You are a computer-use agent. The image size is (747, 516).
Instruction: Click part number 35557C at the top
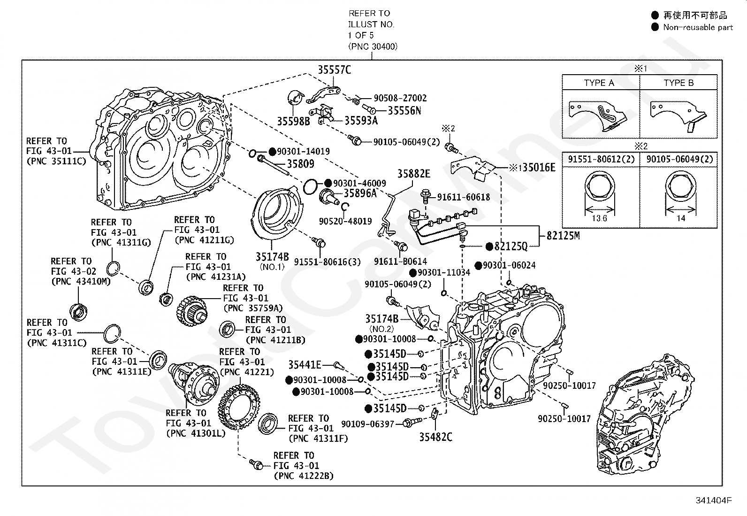pos(334,69)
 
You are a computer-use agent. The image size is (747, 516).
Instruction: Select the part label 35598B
pos(293,121)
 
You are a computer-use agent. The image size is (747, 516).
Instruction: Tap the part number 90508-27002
pos(400,98)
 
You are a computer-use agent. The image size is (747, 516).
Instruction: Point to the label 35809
pos(300,163)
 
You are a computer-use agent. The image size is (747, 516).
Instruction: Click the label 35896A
pos(360,193)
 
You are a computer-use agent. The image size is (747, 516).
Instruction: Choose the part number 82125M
pos(563,236)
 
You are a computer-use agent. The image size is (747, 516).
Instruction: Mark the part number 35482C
pos(435,437)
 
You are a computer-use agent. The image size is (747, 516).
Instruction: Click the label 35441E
pos(305,365)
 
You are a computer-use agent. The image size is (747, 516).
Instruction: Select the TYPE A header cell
pos(599,83)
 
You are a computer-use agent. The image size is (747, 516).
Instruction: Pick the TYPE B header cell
pos(678,83)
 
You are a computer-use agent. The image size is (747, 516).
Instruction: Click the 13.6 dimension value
pos(599,218)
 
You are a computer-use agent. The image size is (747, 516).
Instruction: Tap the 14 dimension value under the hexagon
pos(681,218)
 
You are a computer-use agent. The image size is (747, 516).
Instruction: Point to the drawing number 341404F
pos(714,501)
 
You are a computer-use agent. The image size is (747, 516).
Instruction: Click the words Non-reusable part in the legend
pos(698,27)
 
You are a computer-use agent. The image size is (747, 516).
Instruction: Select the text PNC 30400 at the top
pos(373,46)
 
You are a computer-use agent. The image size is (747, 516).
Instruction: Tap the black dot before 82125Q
pos(489,246)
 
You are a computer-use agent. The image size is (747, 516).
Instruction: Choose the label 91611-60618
pos(464,197)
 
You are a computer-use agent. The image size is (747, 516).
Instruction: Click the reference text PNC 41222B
pos(304,476)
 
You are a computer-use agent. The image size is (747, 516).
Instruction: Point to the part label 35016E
pos(539,167)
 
